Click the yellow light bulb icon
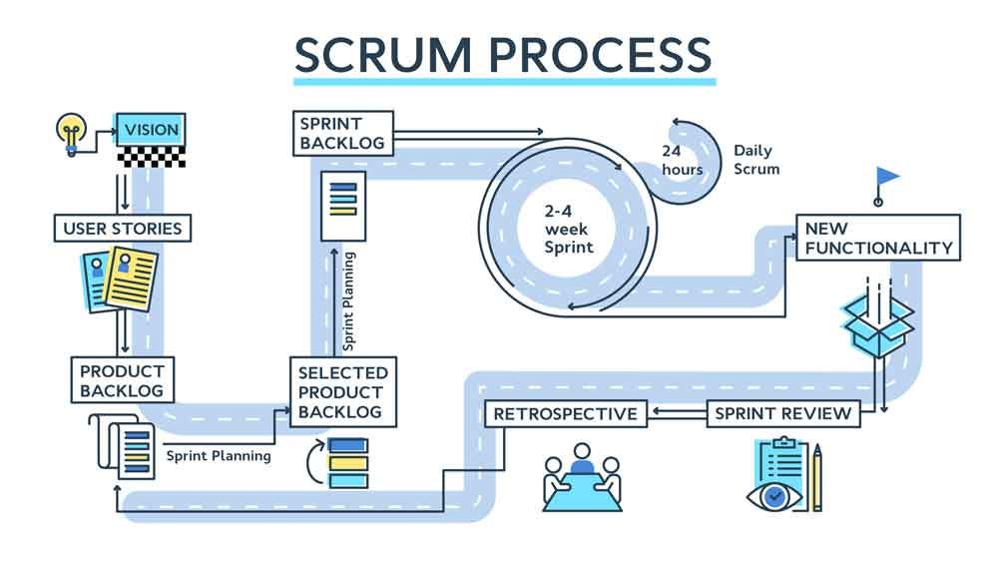pos(70,132)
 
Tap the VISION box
pos(150,130)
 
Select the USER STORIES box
pos(122,229)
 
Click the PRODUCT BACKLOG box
pos(122,380)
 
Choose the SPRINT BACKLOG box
pos(342,133)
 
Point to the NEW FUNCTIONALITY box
pos(878,238)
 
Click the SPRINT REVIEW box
pos(783,413)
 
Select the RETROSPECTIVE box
pos(565,413)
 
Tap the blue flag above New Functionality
pos(886,178)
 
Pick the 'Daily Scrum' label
pos(756,160)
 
